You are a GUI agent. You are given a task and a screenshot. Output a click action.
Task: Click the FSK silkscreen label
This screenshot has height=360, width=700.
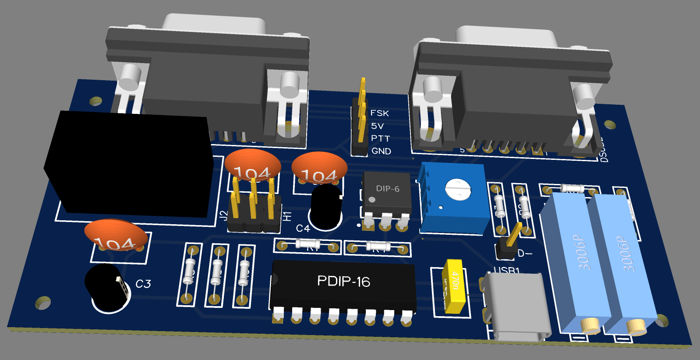(x=379, y=113)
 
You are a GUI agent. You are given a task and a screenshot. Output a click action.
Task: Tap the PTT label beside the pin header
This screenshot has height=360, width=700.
(x=380, y=138)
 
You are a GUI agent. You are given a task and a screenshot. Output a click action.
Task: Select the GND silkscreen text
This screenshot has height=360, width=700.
(x=381, y=151)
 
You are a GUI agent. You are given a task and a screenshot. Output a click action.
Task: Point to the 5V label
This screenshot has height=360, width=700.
(x=377, y=126)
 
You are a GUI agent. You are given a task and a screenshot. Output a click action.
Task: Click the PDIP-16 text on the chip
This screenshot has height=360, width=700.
(x=343, y=281)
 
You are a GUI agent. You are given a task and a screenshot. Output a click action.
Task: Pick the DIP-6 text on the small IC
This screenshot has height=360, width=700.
(x=388, y=189)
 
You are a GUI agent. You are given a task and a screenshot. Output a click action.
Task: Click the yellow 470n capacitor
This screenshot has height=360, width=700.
(x=454, y=286)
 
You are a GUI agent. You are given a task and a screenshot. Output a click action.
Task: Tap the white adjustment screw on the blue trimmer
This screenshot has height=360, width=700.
(x=457, y=189)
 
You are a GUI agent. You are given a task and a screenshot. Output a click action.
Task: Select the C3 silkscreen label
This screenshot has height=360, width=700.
(x=143, y=284)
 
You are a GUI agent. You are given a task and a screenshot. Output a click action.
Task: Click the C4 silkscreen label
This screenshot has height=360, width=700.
(x=303, y=228)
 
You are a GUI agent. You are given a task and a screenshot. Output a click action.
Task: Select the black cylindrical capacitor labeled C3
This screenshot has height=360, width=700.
(x=106, y=287)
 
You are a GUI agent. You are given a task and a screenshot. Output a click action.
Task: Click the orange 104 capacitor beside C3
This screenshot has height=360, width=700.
(x=116, y=235)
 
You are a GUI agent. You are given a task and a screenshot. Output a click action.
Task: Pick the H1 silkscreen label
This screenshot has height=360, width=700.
(x=287, y=216)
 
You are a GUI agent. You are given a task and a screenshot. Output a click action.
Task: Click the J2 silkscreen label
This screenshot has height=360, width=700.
(x=223, y=215)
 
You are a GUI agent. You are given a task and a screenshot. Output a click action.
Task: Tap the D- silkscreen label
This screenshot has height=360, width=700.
(x=525, y=254)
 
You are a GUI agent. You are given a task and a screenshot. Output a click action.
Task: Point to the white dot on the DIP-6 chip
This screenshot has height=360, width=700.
(x=372, y=200)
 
